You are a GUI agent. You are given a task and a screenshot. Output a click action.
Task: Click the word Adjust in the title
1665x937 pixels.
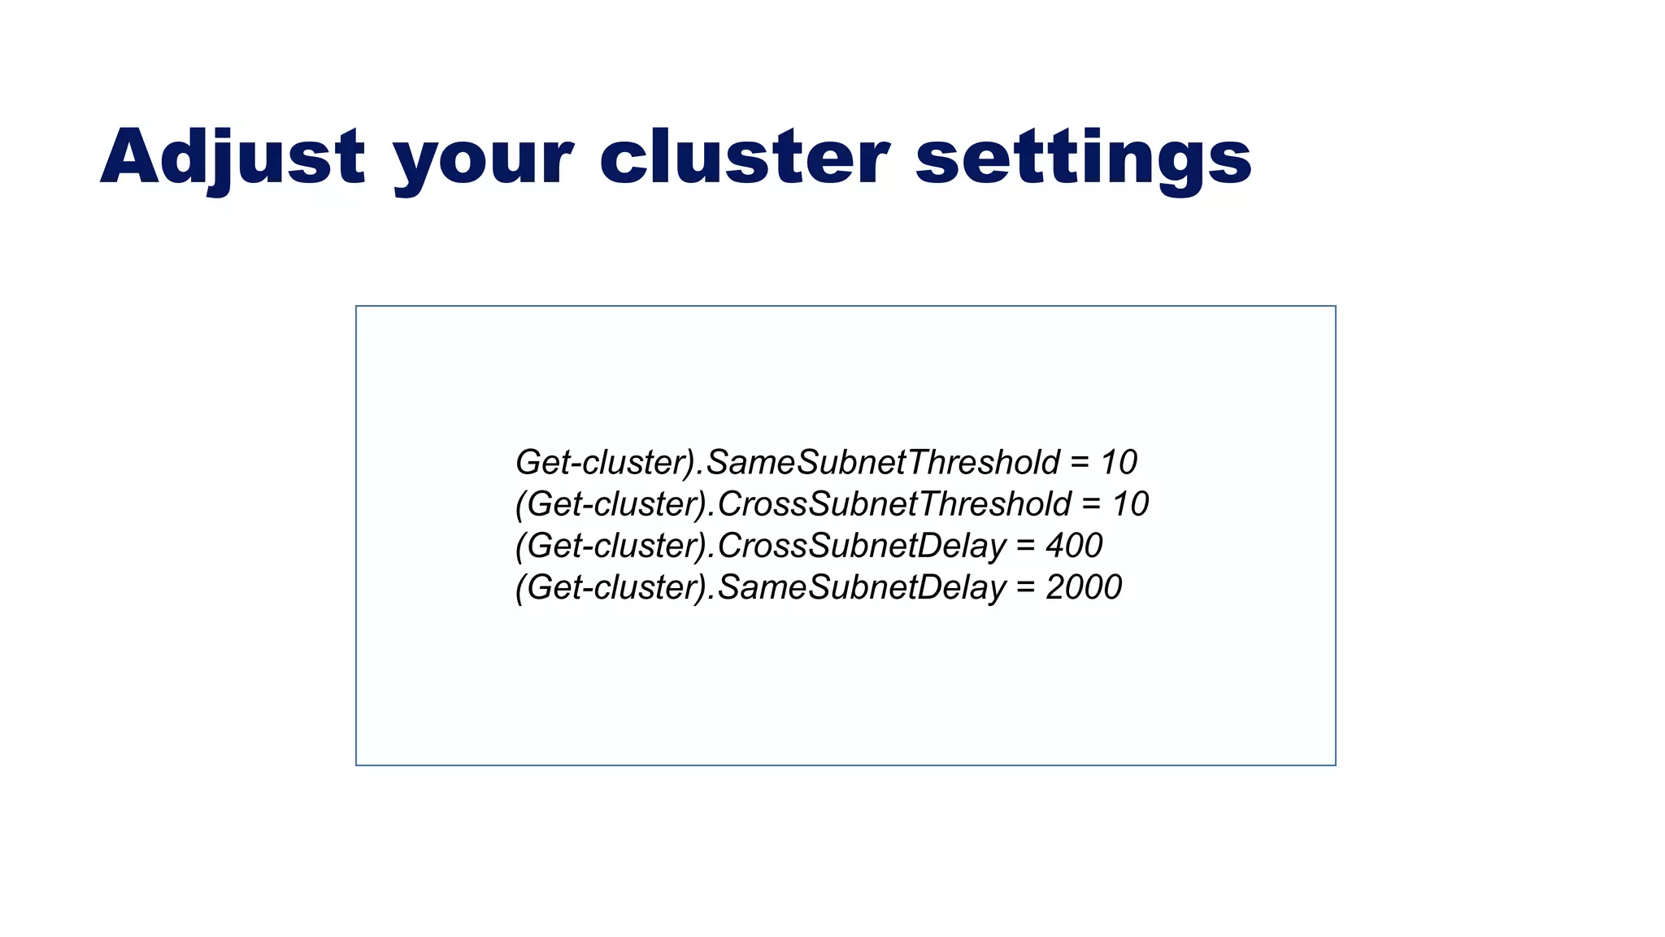(x=233, y=157)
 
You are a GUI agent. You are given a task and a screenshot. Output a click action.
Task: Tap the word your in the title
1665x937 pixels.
(x=483, y=159)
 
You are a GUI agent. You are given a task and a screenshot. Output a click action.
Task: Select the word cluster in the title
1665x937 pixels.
(x=744, y=157)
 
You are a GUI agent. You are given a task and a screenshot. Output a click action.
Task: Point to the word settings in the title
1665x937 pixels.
(x=1083, y=159)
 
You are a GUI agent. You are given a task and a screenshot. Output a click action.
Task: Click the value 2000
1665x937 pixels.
(x=1084, y=587)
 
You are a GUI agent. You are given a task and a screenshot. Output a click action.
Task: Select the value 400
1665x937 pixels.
(x=1074, y=546)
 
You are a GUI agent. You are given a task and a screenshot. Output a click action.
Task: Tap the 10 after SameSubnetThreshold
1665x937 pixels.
(x=1119, y=463)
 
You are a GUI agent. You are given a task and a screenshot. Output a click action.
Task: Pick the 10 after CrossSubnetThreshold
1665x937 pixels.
(x=1130, y=504)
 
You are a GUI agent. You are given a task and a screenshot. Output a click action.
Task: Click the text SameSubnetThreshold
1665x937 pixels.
(x=883, y=463)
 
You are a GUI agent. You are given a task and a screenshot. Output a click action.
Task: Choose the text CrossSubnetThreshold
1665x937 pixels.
(x=894, y=504)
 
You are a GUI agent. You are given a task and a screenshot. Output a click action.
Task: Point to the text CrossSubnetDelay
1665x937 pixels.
(x=862, y=546)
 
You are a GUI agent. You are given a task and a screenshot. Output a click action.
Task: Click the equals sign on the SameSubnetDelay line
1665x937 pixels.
(x=1026, y=587)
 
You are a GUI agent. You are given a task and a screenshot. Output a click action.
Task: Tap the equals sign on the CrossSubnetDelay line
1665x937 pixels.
(x=1026, y=546)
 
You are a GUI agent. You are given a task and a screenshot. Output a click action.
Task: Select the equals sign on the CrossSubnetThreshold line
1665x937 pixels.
(x=1091, y=504)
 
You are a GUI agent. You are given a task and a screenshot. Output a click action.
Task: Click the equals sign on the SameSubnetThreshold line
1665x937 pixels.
(x=1080, y=463)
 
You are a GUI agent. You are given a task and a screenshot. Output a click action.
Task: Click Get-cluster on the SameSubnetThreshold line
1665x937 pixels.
(x=602, y=463)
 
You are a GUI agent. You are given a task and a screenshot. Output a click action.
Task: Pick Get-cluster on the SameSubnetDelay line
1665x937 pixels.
(x=615, y=587)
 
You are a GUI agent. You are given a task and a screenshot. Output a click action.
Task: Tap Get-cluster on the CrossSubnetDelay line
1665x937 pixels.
(x=615, y=546)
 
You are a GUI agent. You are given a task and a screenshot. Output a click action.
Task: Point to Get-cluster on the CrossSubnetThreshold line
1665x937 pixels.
(x=615, y=504)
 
